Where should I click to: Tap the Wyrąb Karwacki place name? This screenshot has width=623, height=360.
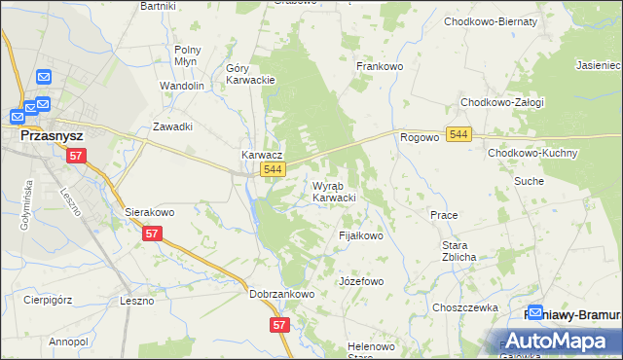pyautogui.click(x=333, y=192)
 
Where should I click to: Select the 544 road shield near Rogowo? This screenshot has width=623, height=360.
pyautogui.click(x=460, y=135)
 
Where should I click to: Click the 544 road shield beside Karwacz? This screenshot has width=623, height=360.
pyautogui.click(x=274, y=170)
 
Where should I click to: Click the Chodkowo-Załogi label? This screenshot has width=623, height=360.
pyautogui.click(x=501, y=102)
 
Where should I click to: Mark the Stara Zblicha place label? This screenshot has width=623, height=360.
pyautogui.click(x=458, y=251)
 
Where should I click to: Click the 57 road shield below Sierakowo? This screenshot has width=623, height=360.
pyautogui.click(x=151, y=234)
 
